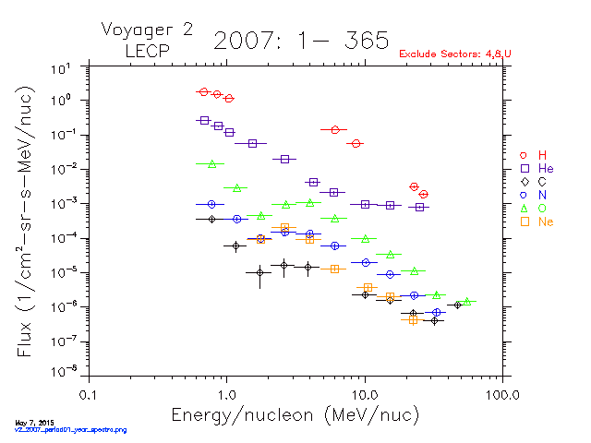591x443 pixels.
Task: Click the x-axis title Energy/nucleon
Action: coord(295,414)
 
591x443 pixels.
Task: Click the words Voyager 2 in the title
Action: coord(147,30)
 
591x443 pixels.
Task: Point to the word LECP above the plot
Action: coord(146,51)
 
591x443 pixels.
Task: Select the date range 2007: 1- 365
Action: coord(300,40)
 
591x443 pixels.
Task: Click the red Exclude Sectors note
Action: coord(455,54)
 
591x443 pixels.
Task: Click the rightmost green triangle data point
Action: coord(467,302)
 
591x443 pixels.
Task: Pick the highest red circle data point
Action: coord(204,92)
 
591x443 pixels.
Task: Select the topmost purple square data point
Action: coord(204,120)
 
